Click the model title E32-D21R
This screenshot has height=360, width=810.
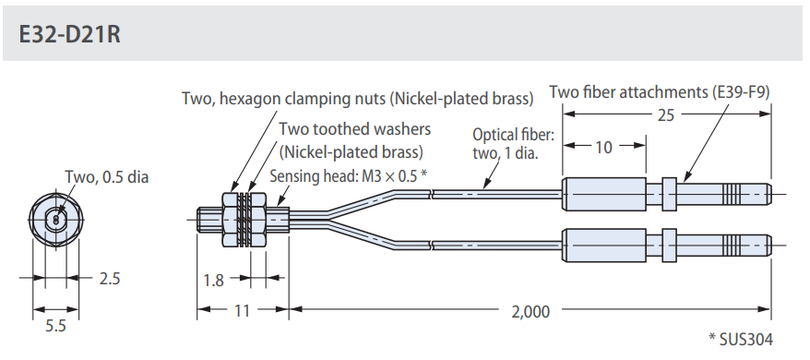(70, 34)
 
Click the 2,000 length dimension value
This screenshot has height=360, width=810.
(530, 311)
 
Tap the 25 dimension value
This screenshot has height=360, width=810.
(665, 114)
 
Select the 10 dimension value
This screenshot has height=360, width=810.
(603, 148)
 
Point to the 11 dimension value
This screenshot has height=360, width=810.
(242, 311)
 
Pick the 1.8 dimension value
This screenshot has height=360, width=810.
(213, 280)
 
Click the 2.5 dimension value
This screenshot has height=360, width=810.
(109, 279)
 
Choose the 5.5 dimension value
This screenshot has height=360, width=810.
(55, 327)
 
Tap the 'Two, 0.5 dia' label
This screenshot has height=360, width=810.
(106, 177)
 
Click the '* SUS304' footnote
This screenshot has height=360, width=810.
(741, 340)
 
